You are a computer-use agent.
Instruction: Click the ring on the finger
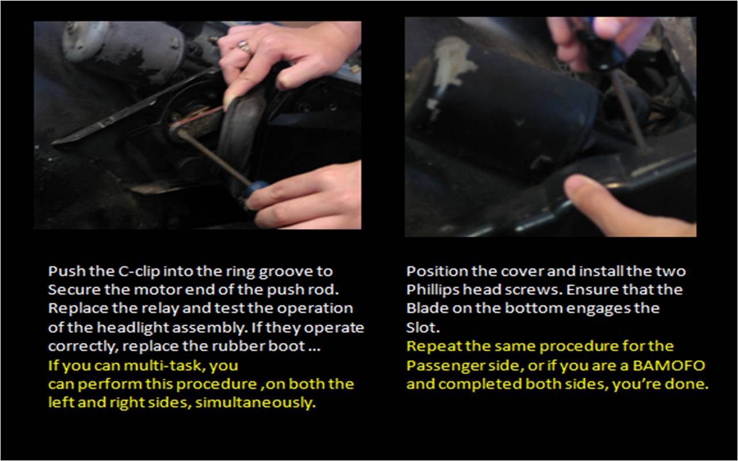click(245, 47)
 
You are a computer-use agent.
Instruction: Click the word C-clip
click(139, 272)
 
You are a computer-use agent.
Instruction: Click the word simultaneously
click(256, 403)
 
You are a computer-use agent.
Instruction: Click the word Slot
click(423, 328)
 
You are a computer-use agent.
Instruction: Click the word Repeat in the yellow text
click(433, 347)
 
